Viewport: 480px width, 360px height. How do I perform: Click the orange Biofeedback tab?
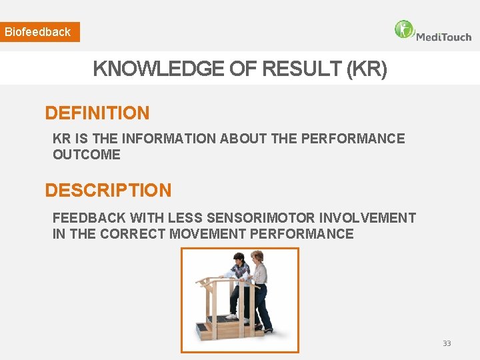[39, 32]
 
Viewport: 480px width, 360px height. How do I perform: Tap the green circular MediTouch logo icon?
[404, 30]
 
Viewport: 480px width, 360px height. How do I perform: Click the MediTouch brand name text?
[443, 37]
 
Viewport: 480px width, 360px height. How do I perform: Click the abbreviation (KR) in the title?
[367, 68]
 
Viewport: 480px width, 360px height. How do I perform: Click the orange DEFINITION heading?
[97, 113]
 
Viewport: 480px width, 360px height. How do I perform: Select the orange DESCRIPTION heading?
[108, 191]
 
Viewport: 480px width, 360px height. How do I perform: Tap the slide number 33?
[447, 343]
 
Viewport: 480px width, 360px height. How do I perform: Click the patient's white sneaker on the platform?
[231, 316]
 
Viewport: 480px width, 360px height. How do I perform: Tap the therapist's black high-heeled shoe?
[267, 329]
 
